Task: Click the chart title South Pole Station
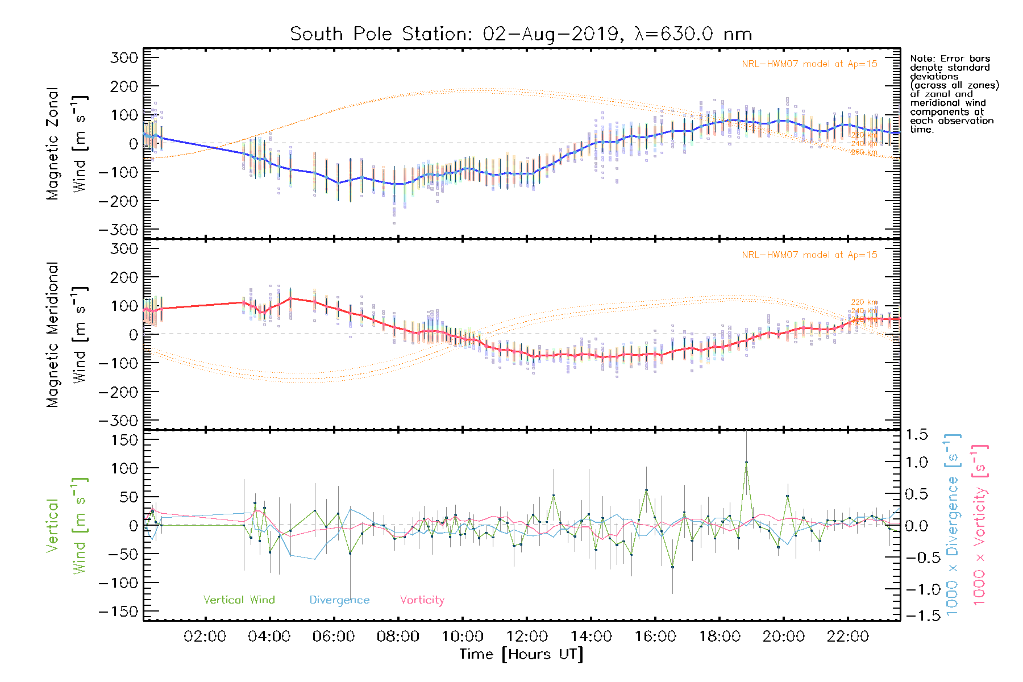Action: [x=521, y=34]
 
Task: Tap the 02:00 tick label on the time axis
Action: [x=205, y=637]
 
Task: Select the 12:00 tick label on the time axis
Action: [x=527, y=637]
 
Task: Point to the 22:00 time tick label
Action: [x=848, y=637]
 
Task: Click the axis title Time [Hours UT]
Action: [x=521, y=654]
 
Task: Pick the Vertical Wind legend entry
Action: [x=239, y=600]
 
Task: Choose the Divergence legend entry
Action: [x=339, y=600]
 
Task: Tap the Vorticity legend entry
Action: [x=422, y=600]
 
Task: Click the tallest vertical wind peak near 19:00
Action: [x=746, y=463]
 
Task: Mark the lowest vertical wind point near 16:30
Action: [x=672, y=567]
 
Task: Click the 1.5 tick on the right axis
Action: [x=917, y=435]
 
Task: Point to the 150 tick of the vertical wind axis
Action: [x=124, y=440]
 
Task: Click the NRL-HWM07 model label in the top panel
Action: [x=809, y=64]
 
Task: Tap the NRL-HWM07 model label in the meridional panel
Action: [x=809, y=255]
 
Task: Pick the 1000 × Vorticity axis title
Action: [x=980, y=526]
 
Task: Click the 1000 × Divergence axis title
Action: [x=953, y=526]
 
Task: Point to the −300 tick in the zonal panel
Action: [x=118, y=230]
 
